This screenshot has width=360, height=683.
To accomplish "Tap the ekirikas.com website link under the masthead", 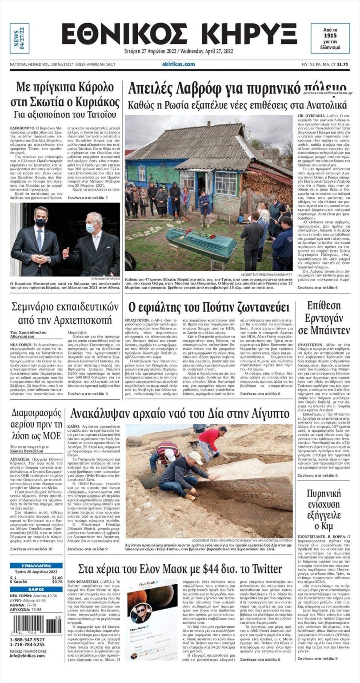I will coord(179,64).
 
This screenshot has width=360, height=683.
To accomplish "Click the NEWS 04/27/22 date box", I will coord(19,39).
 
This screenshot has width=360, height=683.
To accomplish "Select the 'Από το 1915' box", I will coord(330,38).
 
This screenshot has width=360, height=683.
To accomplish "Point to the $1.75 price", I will coord(342,64).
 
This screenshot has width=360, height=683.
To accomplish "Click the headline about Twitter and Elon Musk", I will coord(180,569).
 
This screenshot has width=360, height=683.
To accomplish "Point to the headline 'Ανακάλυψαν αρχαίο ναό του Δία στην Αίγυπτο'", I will coord(180,414).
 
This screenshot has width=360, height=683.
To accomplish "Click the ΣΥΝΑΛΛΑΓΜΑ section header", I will coord(36,566).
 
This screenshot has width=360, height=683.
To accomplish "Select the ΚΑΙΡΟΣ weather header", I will coord(36,589).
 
